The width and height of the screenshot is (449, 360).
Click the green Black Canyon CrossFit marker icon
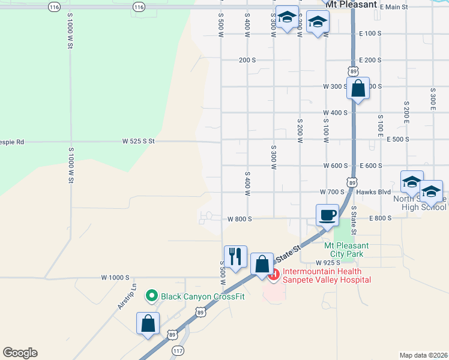[x=152, y=295]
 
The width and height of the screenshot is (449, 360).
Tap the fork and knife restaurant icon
[x=235, y=257]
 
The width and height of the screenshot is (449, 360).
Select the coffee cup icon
[x=328, y=215]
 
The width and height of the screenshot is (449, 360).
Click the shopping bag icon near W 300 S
[x=358, y=89]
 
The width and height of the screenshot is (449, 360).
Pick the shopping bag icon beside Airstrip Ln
[x=148, y=324]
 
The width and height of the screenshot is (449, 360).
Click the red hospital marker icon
[x=274, y=275]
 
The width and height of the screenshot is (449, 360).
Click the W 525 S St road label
[x=139, y=141]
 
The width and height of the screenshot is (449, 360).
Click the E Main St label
[x=393, y=7]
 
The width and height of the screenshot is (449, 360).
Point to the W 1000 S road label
[x=115, y=277]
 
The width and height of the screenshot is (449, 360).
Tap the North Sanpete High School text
[x=420, y=203]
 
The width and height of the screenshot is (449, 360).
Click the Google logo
[x=20, y=353]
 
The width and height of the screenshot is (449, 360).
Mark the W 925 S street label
[x=328, y=263]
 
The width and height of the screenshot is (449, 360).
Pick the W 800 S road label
[x=240, y=220]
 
